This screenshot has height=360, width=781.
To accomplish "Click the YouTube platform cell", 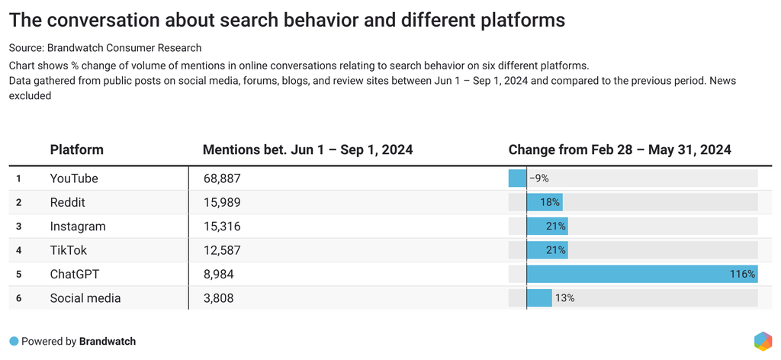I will coord(74,178).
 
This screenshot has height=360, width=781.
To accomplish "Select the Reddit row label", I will coord(67,202).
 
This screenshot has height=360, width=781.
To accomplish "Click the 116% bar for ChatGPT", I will coord(641,274).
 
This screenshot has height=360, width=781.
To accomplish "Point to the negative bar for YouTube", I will coord(517,178).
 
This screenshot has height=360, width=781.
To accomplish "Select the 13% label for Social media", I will coord(564,298).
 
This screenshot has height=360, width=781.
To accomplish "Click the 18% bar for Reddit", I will coord(544,202).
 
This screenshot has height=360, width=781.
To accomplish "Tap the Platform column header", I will coord(76,149).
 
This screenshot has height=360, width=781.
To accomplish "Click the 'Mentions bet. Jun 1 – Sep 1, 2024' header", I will coord(307,149).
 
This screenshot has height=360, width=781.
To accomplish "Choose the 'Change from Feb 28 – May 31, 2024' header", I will coord(619,149).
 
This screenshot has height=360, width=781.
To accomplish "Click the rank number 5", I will coord(18,274).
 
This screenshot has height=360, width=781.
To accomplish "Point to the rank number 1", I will coord(18,178).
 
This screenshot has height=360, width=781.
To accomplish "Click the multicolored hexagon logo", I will coord(762,341).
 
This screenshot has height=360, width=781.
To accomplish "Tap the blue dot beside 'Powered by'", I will coord(14,341).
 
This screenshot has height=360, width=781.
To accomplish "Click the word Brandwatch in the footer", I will coord(108,341).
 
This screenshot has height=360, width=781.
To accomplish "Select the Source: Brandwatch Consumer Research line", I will coord(105,48).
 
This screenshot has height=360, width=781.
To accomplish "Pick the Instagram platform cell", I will coord(78,227).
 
